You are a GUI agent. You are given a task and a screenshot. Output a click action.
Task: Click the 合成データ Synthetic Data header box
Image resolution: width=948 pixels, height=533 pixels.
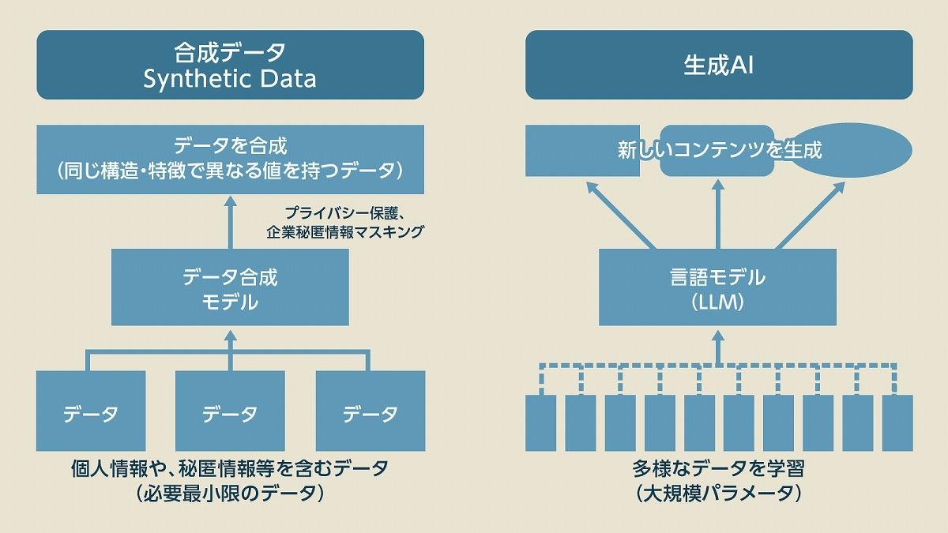pos(230,65)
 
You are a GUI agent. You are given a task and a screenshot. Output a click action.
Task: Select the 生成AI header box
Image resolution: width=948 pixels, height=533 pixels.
pos(718,65)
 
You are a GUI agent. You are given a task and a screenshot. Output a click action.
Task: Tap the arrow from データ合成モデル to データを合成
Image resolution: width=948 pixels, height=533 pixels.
pos(230,225)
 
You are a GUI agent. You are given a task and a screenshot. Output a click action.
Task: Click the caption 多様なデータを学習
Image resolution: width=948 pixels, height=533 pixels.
pos(717,468)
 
